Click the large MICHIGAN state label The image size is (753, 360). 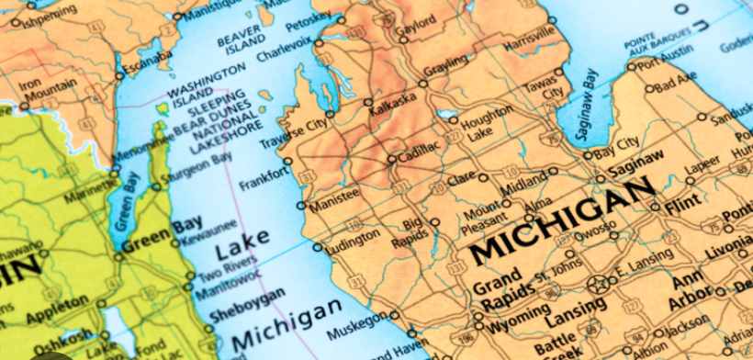pos(562,219)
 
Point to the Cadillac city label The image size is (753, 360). pos(419,149)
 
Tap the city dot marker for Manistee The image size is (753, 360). pos(301,205)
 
